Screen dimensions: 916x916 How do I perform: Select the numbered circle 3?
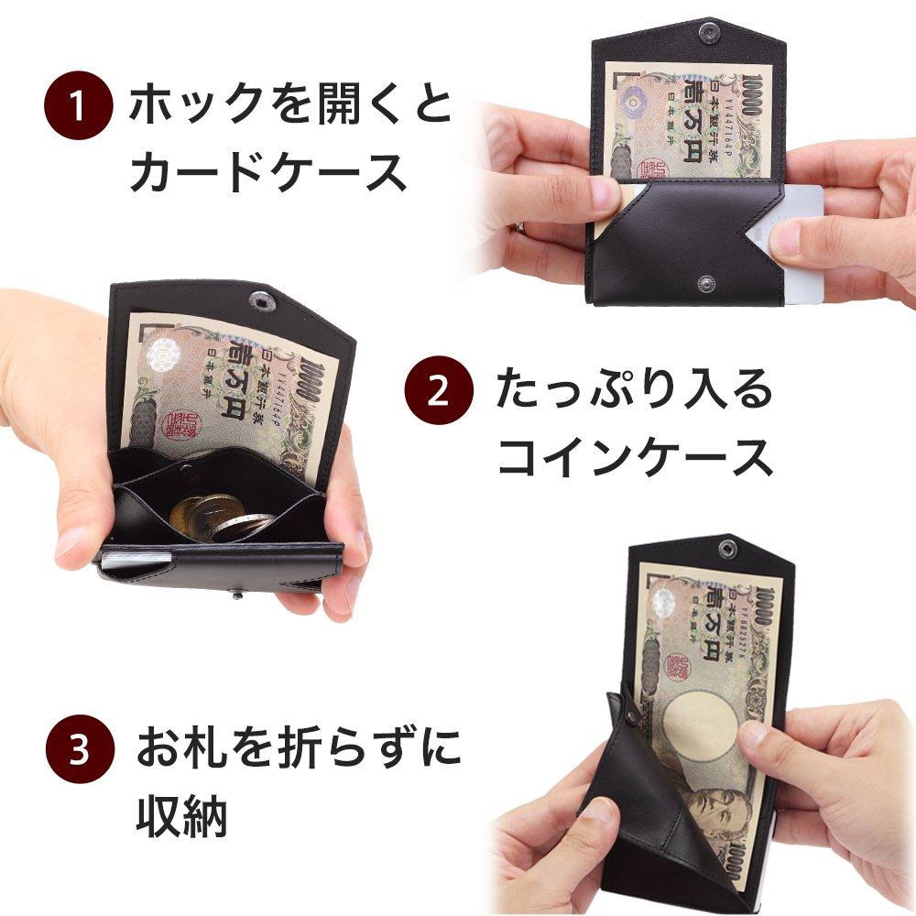click(x=80, y=750)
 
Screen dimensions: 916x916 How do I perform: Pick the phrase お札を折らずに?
click(x=299, y=748)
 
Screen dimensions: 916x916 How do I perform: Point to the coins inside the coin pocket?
click(x=220, y=518)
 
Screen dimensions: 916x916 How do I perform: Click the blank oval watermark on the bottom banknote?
click(x=701, y=724)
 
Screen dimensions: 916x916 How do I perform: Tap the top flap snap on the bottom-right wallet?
click(x=728, y=549)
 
